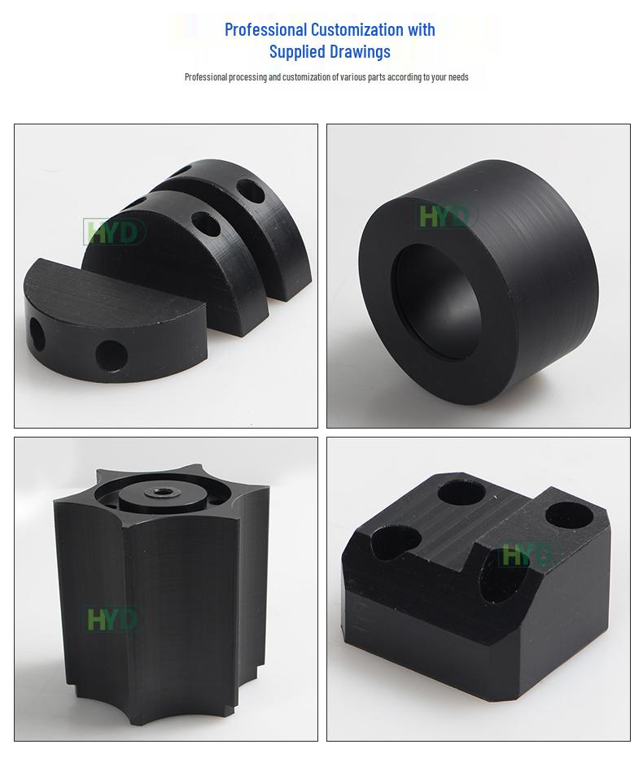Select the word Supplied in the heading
click(297, 52)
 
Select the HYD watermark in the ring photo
click(445, 216)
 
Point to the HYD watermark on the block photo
click(525, 555)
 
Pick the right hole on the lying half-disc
click(112, 355)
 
